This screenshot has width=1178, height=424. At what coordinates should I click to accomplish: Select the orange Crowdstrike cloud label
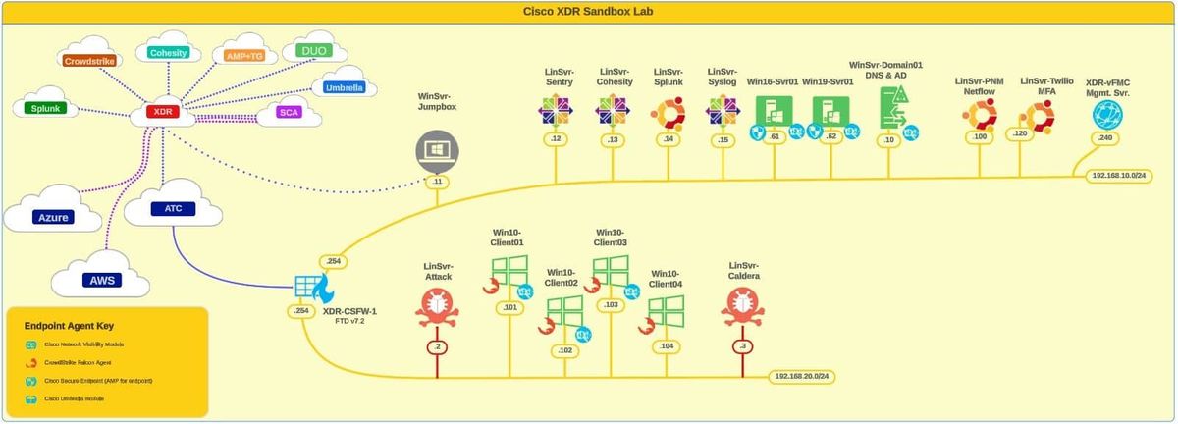click(x=90, y=61)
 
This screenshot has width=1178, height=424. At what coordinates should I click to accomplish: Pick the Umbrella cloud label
click(x=344, y=87)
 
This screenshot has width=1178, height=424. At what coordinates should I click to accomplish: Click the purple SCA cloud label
click(x=289, y=113)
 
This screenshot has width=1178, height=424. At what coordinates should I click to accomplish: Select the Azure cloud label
click(x=53, y=216)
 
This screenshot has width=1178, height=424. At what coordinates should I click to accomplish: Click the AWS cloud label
click(x=103, y=280)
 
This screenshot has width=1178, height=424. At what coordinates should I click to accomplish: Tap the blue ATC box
click(x=161, y=208)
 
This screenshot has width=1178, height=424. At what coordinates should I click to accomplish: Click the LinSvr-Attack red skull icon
click(x=437, y=308)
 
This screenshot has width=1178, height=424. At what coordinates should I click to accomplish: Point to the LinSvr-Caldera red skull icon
click(x=743, y=308)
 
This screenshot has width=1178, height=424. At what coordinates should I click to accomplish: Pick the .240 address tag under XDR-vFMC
click(x=1104, y=138)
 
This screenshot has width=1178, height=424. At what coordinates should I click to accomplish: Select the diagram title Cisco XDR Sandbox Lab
click(x=588, y=11)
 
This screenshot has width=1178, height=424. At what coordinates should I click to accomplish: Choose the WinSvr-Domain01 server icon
click(x=890, y=106)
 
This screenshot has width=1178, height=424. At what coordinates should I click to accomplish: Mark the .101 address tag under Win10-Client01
click(x=509, y=307)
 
